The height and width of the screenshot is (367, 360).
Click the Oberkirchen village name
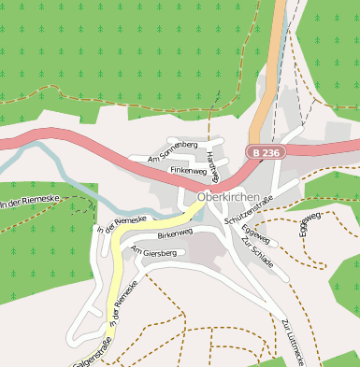(x=228, y=197)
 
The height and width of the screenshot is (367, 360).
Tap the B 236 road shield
(x=265, y=152)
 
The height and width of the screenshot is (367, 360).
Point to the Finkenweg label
(x=188, y=171)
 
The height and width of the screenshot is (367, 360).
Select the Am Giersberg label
(x=154, y=252)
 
